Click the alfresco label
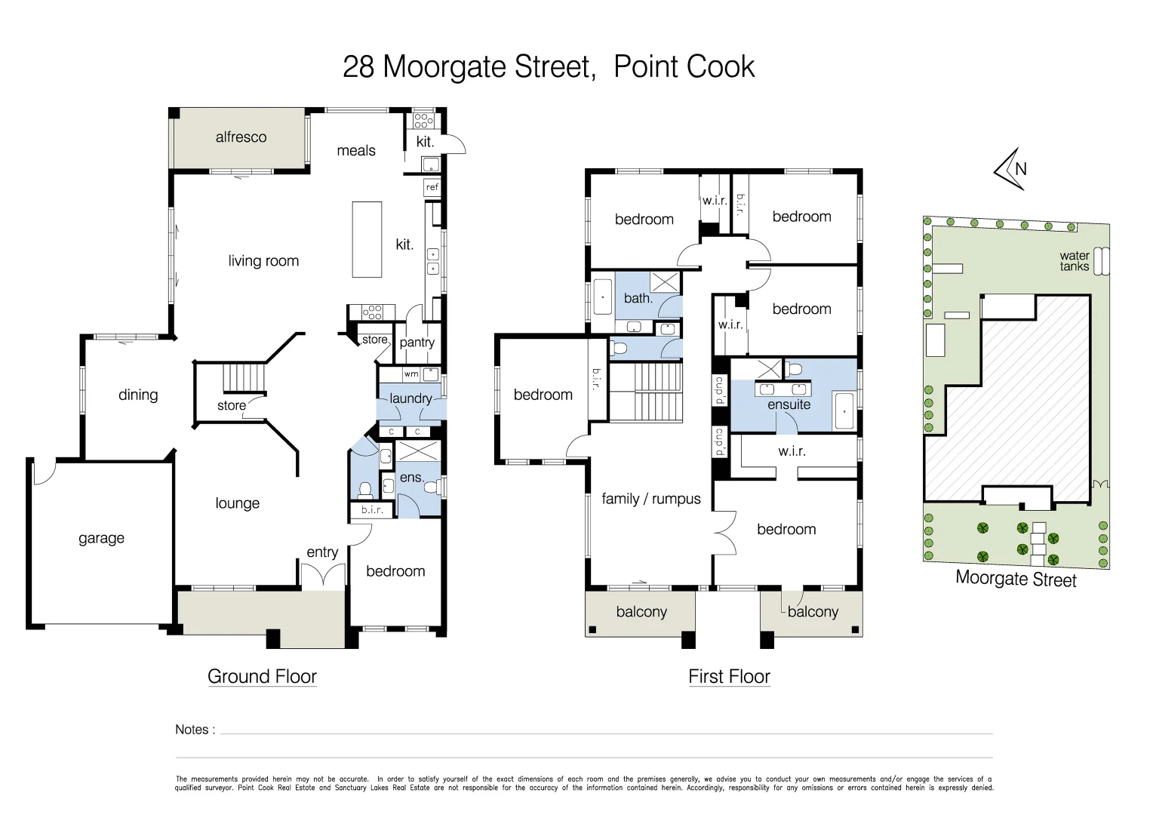[241, 137]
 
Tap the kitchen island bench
[367, 238]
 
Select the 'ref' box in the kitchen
[432, 187]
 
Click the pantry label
[417, 343]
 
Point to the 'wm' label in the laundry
[411, 374]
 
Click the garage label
[101, 538]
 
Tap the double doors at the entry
[322, 577]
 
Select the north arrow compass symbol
[1011, 169]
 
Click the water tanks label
[1074, 261]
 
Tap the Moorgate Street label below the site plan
[1015, 579]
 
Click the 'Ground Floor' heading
[262, 676]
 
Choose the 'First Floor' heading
[729, 676]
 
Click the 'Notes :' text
[195, 730]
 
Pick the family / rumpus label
[650, 499]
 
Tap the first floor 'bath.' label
[638, 298]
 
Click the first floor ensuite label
[789, 404]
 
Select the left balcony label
[641, 612]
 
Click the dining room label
[138, 395]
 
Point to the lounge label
[237, 503]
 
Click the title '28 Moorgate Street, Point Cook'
[549, 67]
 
